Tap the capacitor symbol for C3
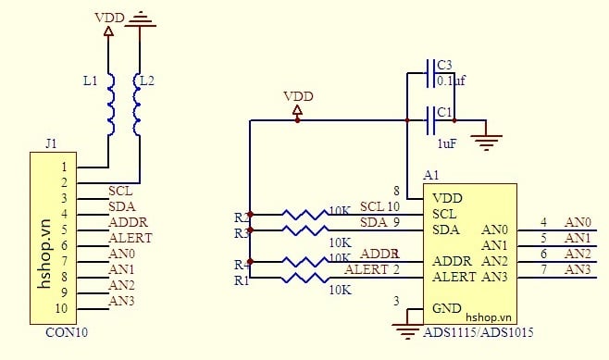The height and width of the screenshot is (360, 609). coord(430,68)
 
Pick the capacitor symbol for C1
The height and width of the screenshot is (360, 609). coord(430,119)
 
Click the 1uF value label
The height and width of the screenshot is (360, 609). coord(446,143)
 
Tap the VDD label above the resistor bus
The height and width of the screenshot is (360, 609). coord(297,96)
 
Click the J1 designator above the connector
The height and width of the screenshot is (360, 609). coord(51,143)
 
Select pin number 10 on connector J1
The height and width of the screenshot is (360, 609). coord(62,309)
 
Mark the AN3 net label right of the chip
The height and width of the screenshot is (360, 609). coord(578,269)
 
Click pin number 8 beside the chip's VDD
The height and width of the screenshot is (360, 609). coord(396,190)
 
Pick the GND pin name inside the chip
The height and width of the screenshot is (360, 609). coord(447,308)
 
